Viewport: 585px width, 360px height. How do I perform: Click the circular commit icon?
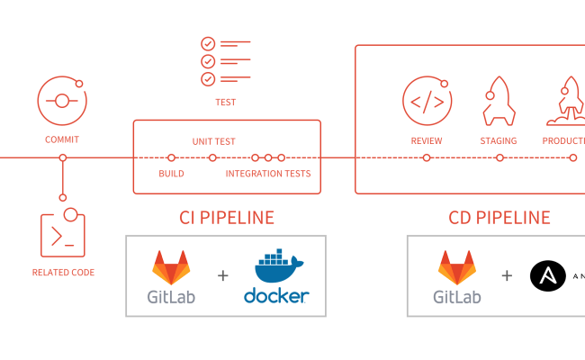[x=61, y=100]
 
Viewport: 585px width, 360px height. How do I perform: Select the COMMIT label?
[x=62, y=139]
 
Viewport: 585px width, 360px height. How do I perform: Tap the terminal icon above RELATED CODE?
[x=62, y=235]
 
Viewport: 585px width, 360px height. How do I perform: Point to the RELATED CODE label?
[x=63, y=272]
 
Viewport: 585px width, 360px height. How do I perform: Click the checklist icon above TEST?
[x=225, y=61]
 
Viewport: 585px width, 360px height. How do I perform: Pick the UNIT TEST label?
[x=214, y=141]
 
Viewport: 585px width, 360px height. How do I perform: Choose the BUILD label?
[x=172, y=174]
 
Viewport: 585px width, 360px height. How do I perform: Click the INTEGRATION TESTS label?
[x=268, y=174]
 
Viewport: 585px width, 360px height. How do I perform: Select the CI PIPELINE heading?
[x=226, y=217]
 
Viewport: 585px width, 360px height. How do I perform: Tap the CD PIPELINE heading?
[x=499, y=217]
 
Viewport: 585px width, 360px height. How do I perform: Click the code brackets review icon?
[x=427, y=101]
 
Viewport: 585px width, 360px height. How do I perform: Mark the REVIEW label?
[x=427, y=141]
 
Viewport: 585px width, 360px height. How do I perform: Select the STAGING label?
[x=498, y=141]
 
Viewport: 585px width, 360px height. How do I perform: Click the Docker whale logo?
[x=275, y=268]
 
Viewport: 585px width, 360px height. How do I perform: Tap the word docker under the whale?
[x=276, y=296]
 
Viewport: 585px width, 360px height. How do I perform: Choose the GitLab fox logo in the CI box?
[x=171, y=267]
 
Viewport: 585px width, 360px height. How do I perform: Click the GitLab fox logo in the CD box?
[x=457, y=267]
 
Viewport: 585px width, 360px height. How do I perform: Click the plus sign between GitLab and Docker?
[x=223, y=276]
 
